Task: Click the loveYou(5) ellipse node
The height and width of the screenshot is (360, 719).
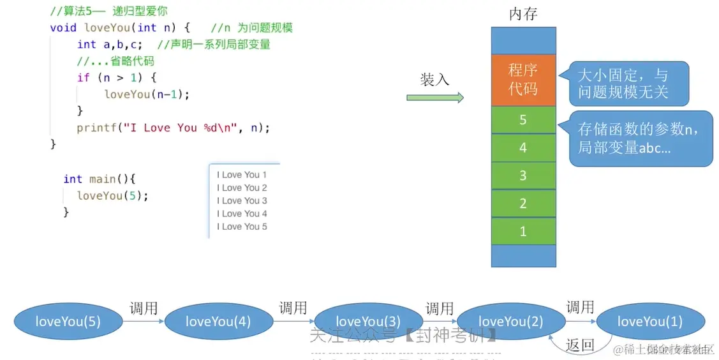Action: [x=68, y=321]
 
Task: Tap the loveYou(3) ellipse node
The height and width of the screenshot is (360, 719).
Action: [x=368, y=321]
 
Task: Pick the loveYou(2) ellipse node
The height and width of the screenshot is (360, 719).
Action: [x=511, y=321]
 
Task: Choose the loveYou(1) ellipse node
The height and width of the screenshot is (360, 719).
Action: [x=649, y=321]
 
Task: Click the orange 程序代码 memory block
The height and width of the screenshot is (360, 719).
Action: [x=523, y=80]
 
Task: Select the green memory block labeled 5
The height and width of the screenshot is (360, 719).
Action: [x=523, y=120]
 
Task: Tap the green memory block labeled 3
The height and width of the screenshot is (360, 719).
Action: [x=523, y=176]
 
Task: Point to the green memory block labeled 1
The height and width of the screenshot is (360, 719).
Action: [x=523, y=231]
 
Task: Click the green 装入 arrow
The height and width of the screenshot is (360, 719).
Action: [x=435, y=98]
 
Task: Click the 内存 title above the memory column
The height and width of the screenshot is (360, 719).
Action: [x=523, y=13]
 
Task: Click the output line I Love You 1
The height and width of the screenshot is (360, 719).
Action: [x=242, y=175]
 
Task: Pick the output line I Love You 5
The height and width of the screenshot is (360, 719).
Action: [x=242, y=227]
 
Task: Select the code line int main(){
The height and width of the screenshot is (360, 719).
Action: [x=100, y=179]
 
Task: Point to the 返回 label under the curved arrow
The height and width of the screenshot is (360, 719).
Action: [x=580, y=345]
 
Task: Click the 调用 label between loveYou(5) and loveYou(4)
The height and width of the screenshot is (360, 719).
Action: [x=144, y=308]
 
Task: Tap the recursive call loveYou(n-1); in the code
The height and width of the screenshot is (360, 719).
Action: [x=147, y=94]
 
